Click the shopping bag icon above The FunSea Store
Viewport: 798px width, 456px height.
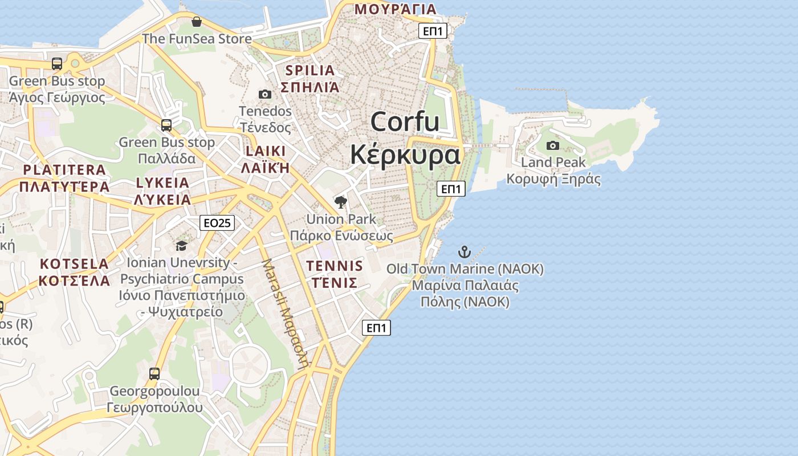pos(197,22)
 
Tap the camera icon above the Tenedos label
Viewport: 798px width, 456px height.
pos(265,94)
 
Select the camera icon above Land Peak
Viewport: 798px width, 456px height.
pos(552,145)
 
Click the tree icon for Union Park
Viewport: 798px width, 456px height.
pos(341,202)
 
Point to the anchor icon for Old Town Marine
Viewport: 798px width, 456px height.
pos(465,251)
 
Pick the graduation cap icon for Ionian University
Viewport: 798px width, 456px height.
pos(181,246)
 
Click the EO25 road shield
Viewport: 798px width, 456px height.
pos(217,223)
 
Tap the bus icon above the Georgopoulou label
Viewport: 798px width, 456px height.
pos(154,374)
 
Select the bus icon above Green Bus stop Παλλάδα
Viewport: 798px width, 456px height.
pos(166,125)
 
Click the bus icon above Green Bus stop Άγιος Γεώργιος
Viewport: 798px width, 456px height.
pos(57,63)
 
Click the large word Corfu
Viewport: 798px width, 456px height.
pos(405,122)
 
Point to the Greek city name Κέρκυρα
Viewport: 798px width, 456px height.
pos(405,154)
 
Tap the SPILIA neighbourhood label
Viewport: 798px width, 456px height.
pos(310,71)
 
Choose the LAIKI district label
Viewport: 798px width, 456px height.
pos(265,151)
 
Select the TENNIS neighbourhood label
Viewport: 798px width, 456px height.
pos(334,266)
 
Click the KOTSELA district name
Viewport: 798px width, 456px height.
pos(75,264)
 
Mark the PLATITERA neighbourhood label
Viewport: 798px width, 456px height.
pos(64,170)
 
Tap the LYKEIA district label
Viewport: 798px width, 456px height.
pos(162,183)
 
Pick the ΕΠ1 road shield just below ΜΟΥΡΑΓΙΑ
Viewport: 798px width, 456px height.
pos(433,31)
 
